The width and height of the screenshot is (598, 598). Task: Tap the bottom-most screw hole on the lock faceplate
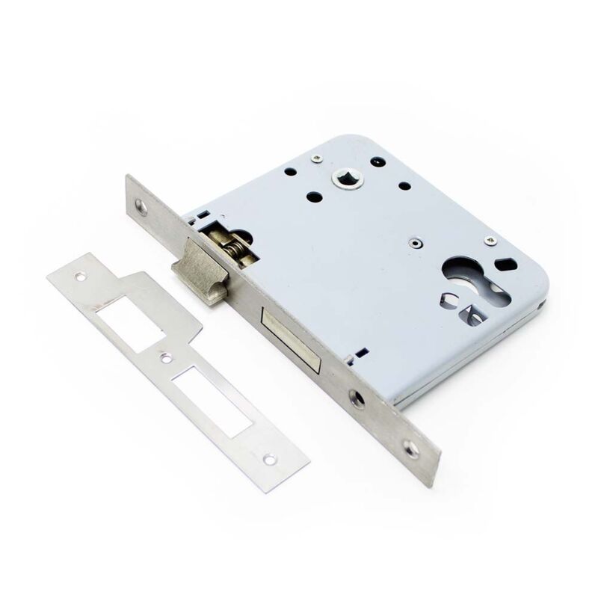(x=410, y=448)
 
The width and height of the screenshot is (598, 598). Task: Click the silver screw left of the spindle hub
(x=317, y=157)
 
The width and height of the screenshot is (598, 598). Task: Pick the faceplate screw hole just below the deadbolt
(x=357, y=398)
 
